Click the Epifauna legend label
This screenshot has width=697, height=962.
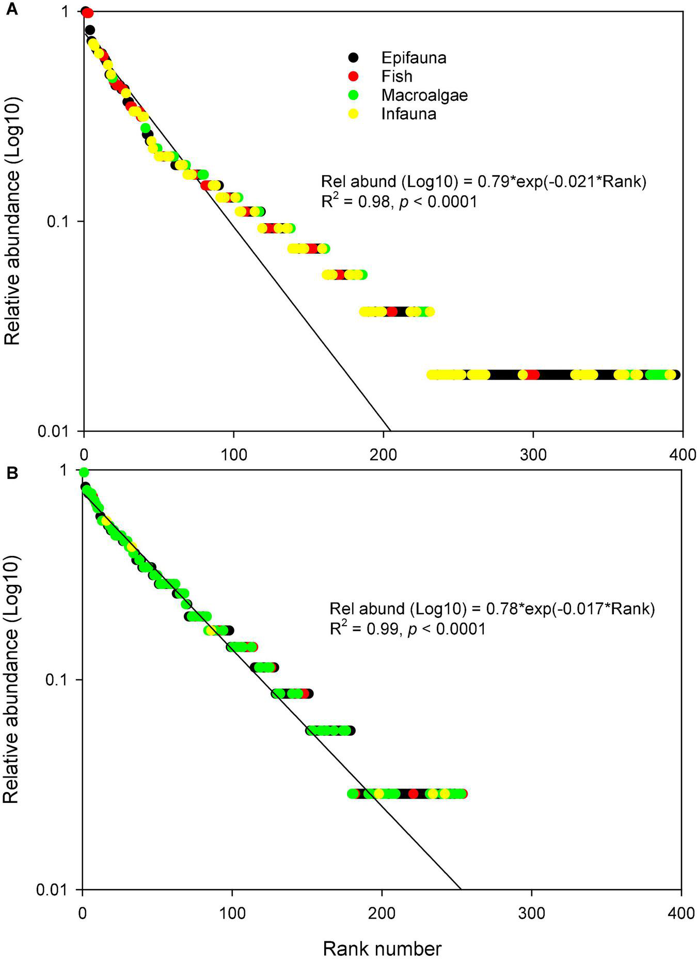[x=414, y=57]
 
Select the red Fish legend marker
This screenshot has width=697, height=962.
[x=353, y=76]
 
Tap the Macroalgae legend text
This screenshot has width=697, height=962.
[x=424, y=95]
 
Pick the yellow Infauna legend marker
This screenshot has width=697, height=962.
[x=353, y=114]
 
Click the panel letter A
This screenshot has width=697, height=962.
[x=11, y=9]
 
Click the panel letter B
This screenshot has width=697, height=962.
[x=11, y=472]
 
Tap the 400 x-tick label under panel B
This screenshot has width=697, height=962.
[x=680, y=912]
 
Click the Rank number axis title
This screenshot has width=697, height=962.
[x=382, y=949]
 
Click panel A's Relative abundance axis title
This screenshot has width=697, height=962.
[x=12, y=222]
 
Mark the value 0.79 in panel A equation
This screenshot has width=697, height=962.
[x=484, y=182]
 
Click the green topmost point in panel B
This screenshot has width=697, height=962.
[x=84, y=472]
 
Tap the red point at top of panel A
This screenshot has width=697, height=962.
[x=88, y=12]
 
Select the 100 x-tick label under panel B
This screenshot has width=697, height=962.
[x=232, y=912]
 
